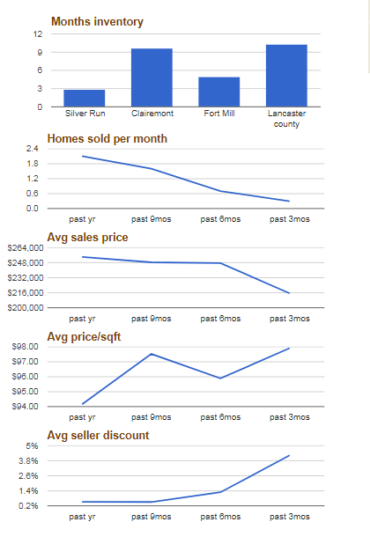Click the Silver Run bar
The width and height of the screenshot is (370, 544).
coord(85,99)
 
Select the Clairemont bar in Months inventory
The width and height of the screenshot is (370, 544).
coord(152,77)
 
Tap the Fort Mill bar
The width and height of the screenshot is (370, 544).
coord(219,92)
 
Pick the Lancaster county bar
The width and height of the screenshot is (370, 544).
coord(286,76)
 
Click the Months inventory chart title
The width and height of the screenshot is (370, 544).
coord(97,21)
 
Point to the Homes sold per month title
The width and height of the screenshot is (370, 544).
coord(107,139)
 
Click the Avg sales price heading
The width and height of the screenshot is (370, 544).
coord(87,238)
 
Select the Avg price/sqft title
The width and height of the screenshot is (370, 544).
coord(84,336)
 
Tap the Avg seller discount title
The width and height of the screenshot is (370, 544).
coord(99,436)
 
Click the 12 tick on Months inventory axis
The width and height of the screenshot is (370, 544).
coord(38,34)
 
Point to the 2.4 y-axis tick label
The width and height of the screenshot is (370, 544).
coord(33,149)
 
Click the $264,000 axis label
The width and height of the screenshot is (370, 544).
coord(26,247)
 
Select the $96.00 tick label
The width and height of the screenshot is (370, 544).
coord(25,377)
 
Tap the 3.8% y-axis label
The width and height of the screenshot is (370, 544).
coord(28,460)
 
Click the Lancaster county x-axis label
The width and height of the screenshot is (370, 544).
coord(286,119)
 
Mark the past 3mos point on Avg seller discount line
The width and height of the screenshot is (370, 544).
coord(289,455)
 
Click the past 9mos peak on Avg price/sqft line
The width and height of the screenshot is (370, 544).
coord(152,354)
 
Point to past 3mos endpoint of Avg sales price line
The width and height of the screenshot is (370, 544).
coord(289,293)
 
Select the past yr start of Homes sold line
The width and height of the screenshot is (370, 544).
coord(82,156)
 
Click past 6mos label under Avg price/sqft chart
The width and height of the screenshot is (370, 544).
coord(220,417)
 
